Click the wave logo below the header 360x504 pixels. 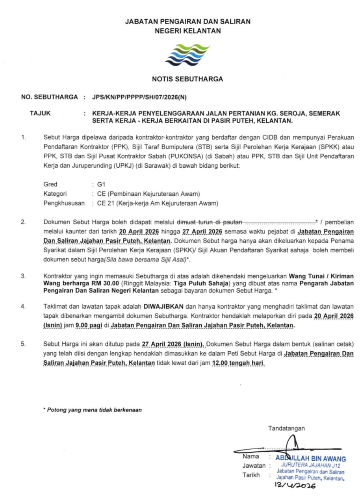[x=187, y=55]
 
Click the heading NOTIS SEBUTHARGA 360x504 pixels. [x=187, y=79]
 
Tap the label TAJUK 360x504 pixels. [x=40, y=113]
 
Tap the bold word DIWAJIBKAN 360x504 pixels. [x=161, y=306]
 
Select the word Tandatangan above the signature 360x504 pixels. [x=286, y=428]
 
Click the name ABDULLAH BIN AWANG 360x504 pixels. [x=311, y=459]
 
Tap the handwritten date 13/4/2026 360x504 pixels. [x=295, y=485]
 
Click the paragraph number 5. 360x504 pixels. [x=24, y=344]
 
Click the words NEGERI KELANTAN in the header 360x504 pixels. [x=187, y=31]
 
